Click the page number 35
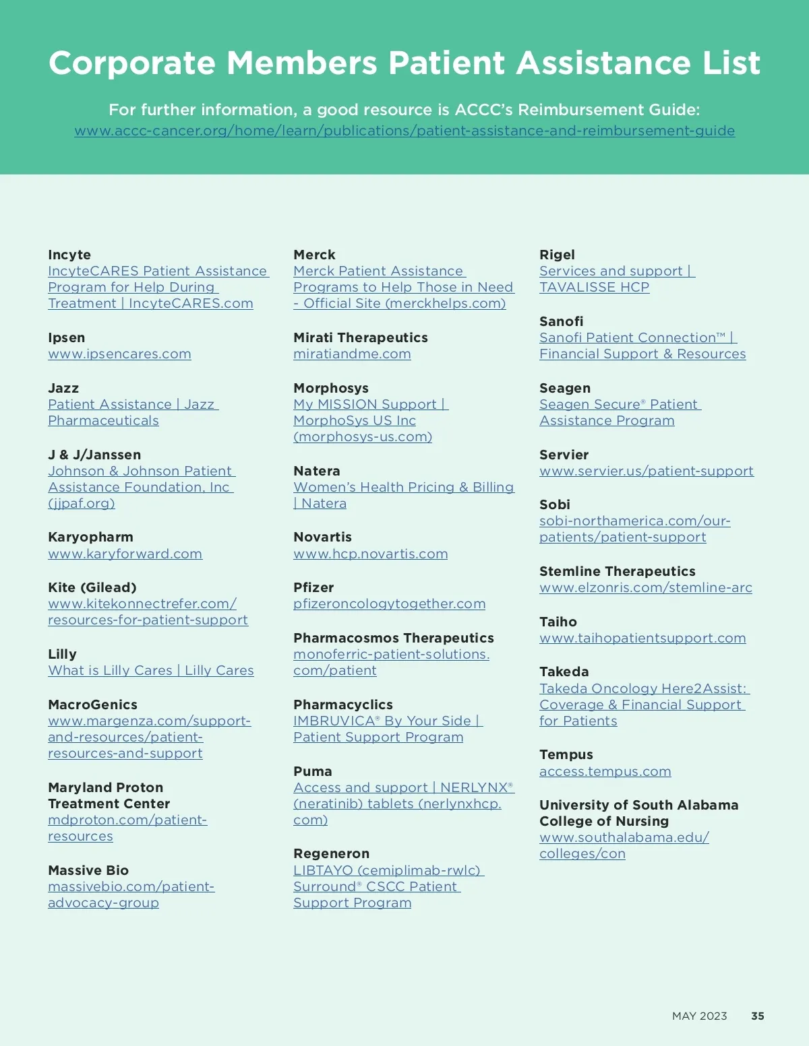[758, 1016]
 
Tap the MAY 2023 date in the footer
[699, 1016]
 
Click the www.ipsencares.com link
[119, 354]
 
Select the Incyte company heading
[69, 255]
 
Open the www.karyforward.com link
[125, 554]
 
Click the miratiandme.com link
[352, 354]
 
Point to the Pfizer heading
[313, 587]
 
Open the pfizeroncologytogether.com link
[389, 603]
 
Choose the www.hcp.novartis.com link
[370, 554]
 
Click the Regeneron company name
[331, 853]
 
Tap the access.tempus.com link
[605, 771]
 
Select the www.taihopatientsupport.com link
[642, 638]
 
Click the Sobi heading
[554, 504]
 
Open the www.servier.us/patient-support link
[646, 471]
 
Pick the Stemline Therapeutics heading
[617, 571]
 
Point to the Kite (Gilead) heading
[92, 587]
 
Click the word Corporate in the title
[131, 63]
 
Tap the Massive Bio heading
[88, 870]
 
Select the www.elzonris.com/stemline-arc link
[645, 587]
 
